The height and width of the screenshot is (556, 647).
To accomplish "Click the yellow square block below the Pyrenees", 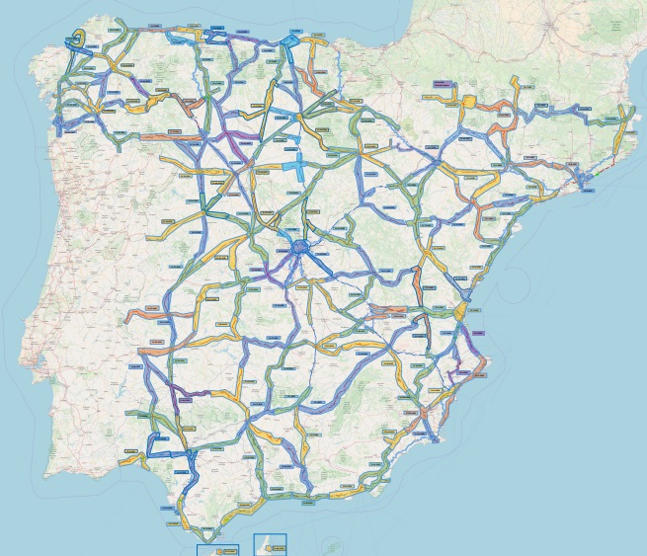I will tap(469, 100).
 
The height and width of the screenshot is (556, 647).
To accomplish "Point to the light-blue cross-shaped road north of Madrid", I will tap(297, 163).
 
